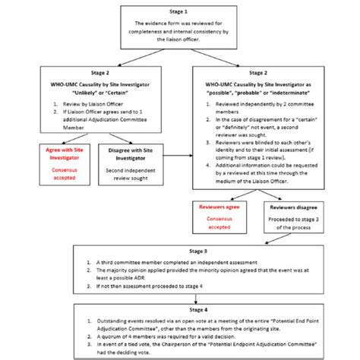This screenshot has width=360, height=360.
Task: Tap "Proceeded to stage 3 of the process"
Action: click(x=289, y=223)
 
